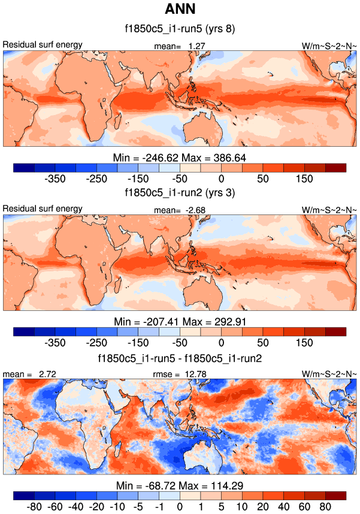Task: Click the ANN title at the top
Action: [180, 10]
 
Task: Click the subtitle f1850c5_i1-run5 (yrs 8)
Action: [180, 28]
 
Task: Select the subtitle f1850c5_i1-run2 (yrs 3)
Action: [180, 193]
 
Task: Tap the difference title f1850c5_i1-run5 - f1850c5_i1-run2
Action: [180, 358]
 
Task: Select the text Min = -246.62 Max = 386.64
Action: [180, 158]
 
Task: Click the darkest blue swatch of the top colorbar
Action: [23, 167]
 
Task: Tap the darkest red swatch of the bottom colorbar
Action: [336, 496]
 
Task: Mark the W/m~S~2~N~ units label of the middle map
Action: [329, 210]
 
